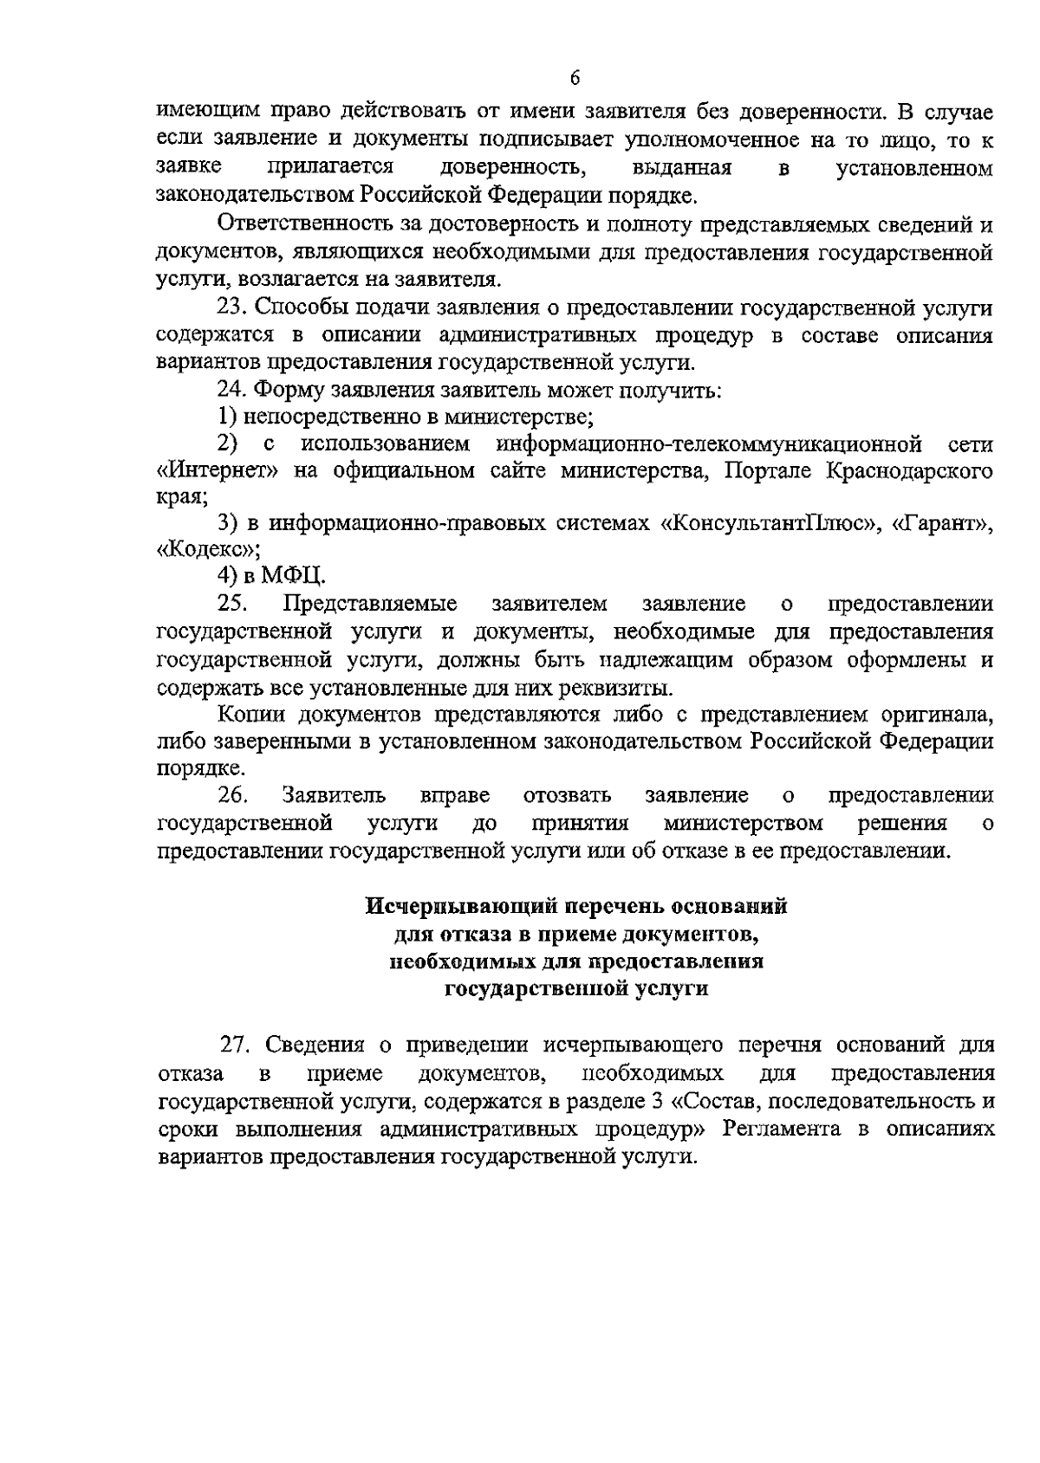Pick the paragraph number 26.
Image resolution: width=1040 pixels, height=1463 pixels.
(234, 794)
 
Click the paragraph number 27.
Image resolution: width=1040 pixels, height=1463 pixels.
(237, 1044)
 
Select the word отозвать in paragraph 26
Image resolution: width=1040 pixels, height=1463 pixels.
(568, 794)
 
